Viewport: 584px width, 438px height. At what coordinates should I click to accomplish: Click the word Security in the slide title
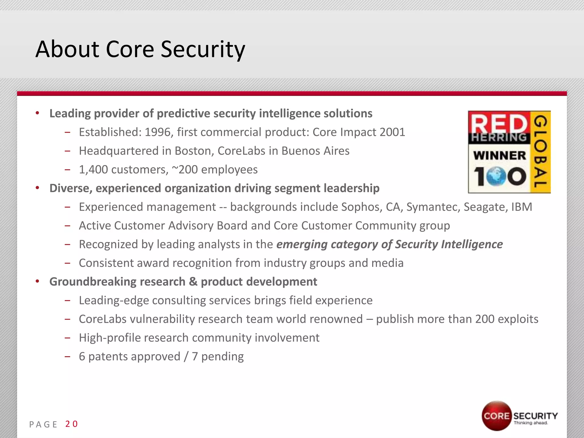click(x=203, y=50)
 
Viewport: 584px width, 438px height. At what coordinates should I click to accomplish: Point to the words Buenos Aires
click(x=315, y=151)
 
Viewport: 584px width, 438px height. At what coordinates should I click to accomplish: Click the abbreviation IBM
click(x=522, y=207)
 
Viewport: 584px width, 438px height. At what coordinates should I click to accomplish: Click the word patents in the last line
click(x=105, y=356)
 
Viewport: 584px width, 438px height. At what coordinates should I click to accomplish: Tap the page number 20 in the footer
click(x=71, y=424)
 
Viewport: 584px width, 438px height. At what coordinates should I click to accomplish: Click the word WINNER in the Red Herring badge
click(x=499, y=156)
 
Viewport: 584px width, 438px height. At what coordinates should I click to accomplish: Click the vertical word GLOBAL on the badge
click(x=540, y=152)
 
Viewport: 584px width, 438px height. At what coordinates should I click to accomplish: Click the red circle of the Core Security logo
click(x=496, y=415)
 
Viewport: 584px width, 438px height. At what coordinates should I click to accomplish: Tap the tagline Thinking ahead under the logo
click(x=531, y=423)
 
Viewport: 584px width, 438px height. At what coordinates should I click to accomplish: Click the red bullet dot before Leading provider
click(x=37, y=113)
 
